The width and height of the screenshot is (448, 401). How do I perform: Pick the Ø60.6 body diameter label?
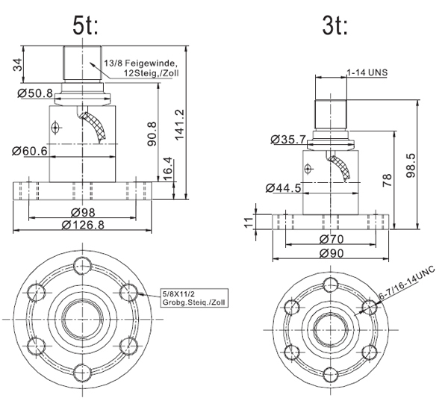pos(30,151)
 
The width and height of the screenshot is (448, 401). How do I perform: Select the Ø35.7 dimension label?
pos(284,140)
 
